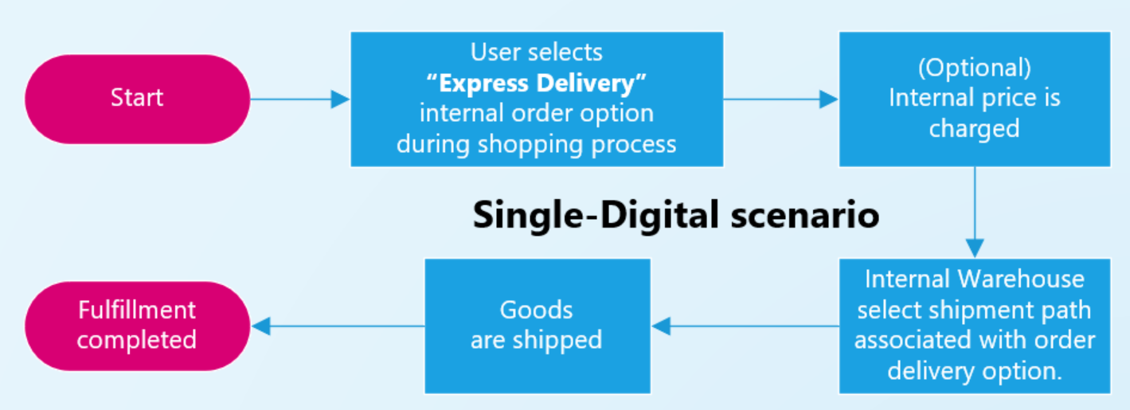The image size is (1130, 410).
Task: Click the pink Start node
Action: point(137,99)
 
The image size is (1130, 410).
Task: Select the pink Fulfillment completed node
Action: point(137,325)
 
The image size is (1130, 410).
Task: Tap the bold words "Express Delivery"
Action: point(537,83)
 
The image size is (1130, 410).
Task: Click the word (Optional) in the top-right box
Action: point(974,68)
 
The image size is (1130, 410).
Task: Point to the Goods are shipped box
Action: point(537,326)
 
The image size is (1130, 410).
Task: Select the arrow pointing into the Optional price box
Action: point(780,99)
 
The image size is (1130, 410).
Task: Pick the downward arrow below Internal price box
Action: point(974,212)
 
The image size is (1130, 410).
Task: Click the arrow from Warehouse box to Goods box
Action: point(745,326)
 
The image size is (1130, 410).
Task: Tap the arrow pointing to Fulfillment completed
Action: point(338,325)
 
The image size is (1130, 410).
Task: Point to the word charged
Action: point(974,129)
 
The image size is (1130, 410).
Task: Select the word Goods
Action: point(536,310)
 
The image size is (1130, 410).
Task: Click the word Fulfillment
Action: point(136,310)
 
